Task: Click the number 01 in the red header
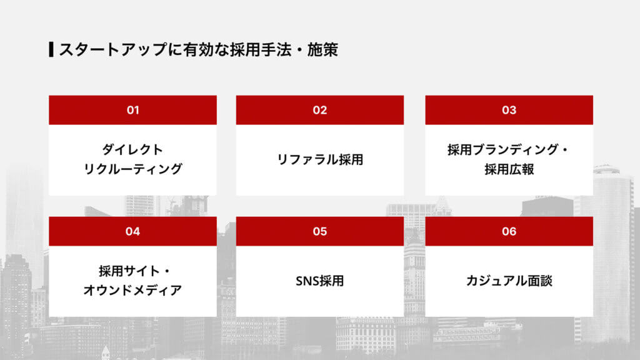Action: (x=132, y=110)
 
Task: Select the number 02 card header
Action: (x=320, y=110)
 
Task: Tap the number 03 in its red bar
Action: (x=509, y=110)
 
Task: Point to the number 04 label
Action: (x=132, y=231)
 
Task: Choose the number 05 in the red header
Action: (x=320, y=231)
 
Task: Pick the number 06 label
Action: (x=509, y=231)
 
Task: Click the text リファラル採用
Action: (x=320, y=159)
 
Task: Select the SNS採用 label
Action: (x=320, y=281)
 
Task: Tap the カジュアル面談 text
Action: (x=509, y=281)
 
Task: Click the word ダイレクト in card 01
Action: (x=132, y=150)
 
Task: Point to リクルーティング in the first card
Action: (x=132, y=169)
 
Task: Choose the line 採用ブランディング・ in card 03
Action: (x=509, y=150)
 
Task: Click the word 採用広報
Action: (x=509, y=169)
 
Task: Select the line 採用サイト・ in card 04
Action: (x=132, y=272)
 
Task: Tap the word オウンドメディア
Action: (x=132, y=291)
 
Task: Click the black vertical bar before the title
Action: (x=51, y=49)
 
